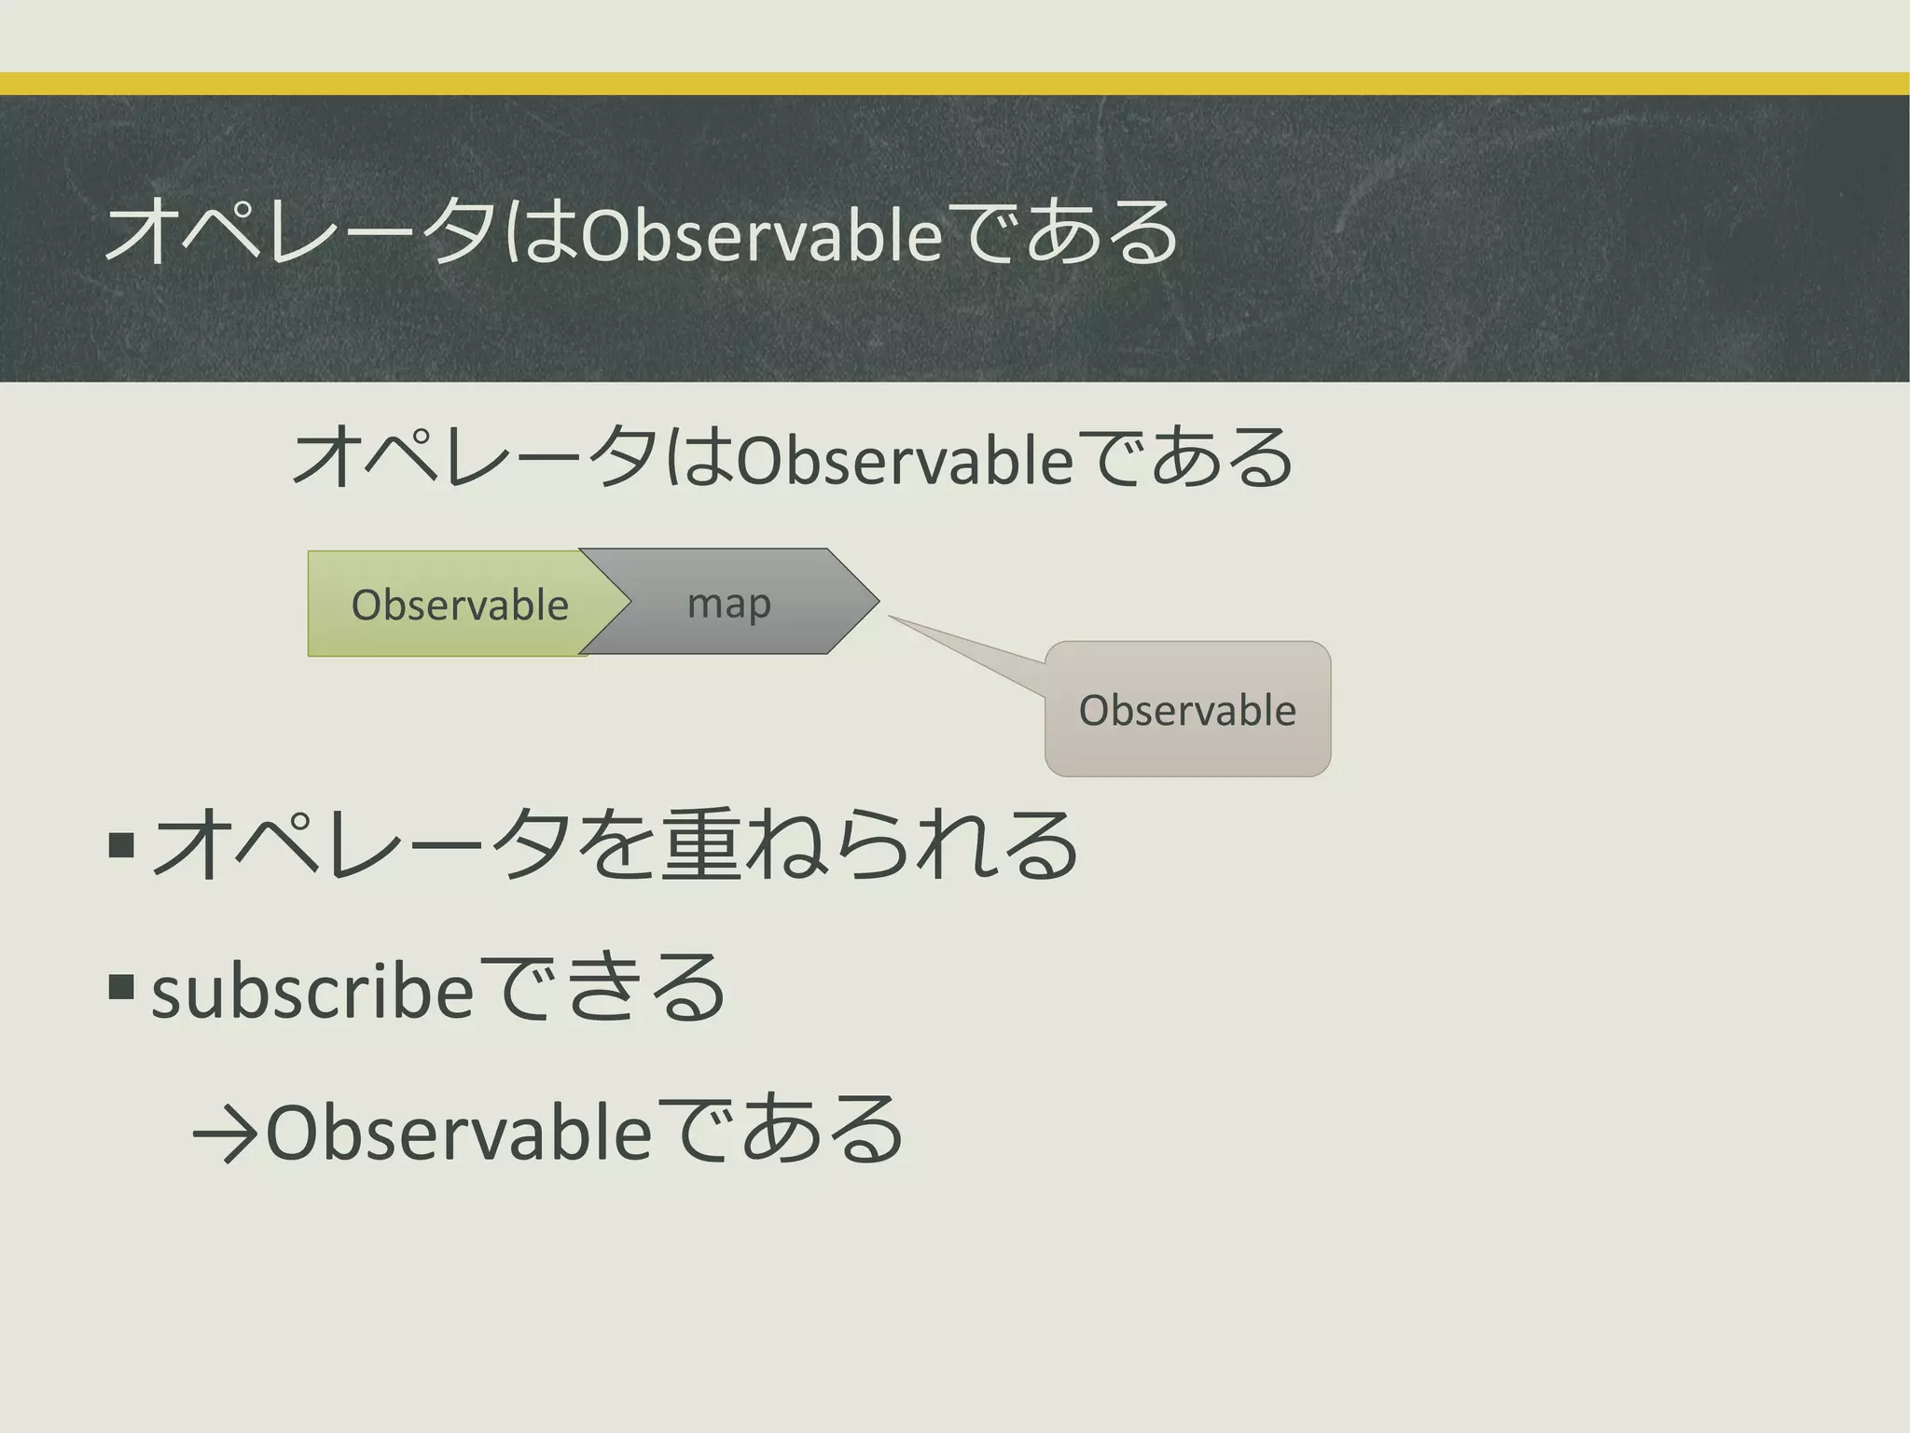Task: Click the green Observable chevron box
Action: pos(448,605)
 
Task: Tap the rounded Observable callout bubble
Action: pos(1187,710)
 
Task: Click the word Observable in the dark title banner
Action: pos(762,235)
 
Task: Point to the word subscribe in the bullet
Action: pos(313,993)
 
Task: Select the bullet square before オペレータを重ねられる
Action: pos(121,844)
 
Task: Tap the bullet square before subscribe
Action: pos(121,986)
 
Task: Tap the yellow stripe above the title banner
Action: pos(955,84)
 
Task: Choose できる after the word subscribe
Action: pos(602,989)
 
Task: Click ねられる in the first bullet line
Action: pos(914,844)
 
